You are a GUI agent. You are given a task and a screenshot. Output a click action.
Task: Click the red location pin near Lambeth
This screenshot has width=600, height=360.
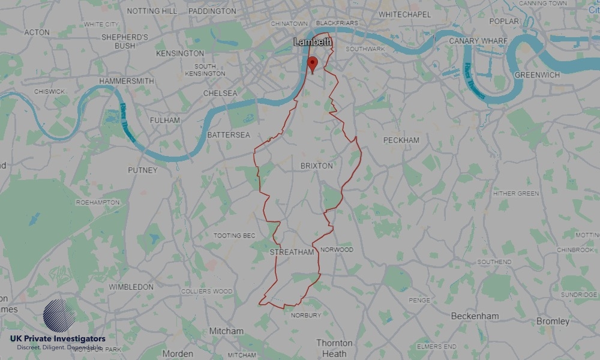pos(312,64)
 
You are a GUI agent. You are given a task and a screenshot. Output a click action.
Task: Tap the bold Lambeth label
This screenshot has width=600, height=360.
pos(313,41)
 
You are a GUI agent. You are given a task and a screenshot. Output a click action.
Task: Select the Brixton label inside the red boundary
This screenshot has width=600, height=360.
pos(316,166)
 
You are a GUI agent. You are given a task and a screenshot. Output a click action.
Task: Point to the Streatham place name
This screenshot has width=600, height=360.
pos(292,252)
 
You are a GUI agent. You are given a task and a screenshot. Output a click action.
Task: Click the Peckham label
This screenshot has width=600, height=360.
pos(401,140)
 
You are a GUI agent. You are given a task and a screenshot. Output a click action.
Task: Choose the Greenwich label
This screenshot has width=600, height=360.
pos(537,75)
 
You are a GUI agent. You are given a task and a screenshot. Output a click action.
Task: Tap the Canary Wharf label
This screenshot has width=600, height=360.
pos(478,41)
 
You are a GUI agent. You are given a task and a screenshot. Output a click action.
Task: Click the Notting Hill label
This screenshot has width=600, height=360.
pos(152,11)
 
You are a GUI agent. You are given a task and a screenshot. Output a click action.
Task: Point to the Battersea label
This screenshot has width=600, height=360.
pos(229,135)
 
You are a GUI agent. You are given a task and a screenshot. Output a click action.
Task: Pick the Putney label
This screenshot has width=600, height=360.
pos(143,170)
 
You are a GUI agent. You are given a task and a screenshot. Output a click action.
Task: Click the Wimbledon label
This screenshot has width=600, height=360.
pos(131,287)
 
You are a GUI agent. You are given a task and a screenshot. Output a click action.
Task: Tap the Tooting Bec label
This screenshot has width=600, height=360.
pos(235,236)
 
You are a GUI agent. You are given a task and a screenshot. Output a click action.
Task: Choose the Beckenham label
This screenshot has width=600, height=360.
pos(475,316)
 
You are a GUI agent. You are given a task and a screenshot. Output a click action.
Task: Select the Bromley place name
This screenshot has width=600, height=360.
pos(553,322)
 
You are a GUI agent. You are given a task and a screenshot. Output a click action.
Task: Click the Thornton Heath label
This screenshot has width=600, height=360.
pos(335,348)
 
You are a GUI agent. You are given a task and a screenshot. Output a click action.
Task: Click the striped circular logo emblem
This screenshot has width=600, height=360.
pos(59,316)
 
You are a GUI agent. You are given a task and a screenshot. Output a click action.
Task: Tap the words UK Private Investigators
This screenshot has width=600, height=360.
pos(58,339)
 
